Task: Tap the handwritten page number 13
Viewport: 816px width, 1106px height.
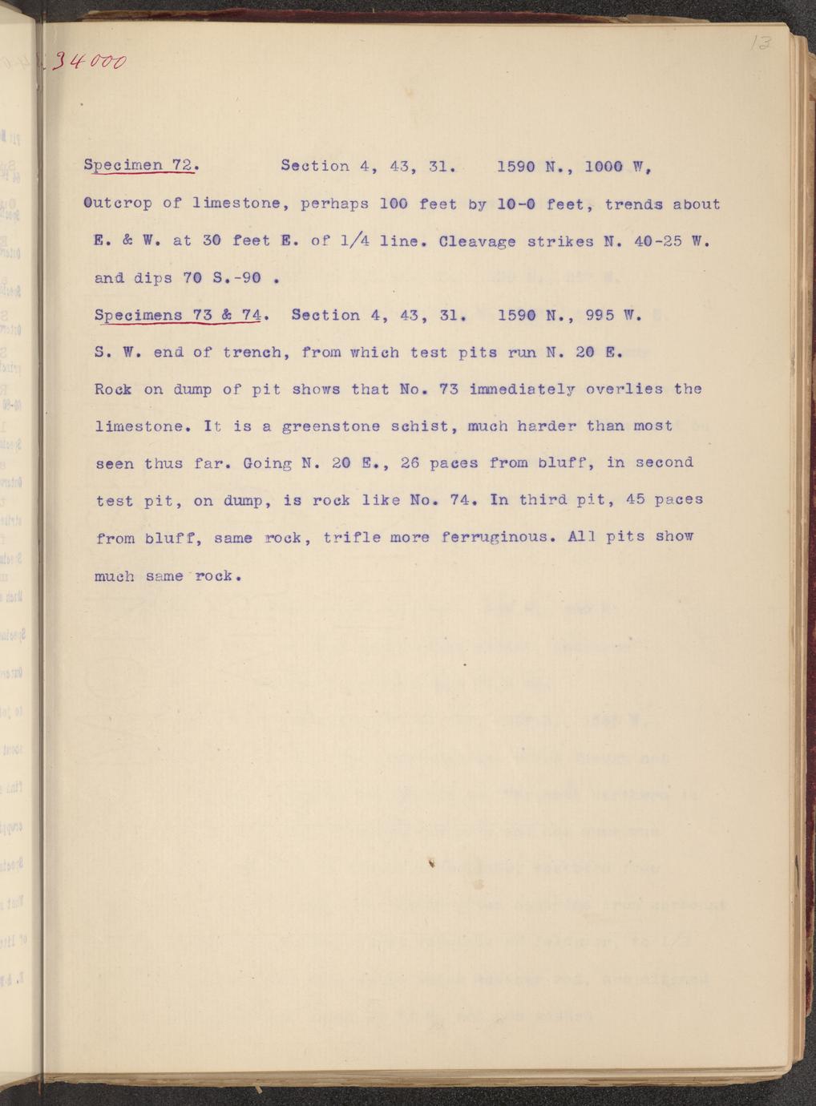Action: point(756,44)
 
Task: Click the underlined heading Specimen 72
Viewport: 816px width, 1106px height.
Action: point(139,167)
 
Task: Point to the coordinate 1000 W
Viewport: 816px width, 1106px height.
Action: point(616,167)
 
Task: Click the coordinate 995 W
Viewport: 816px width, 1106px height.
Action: point(614,315)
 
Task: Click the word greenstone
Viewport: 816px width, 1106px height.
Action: point(330,426)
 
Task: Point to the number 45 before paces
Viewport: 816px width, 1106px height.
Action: point(635,499)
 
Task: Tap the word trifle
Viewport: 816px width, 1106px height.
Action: point(351,537)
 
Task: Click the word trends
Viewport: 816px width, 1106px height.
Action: point(633,204)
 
